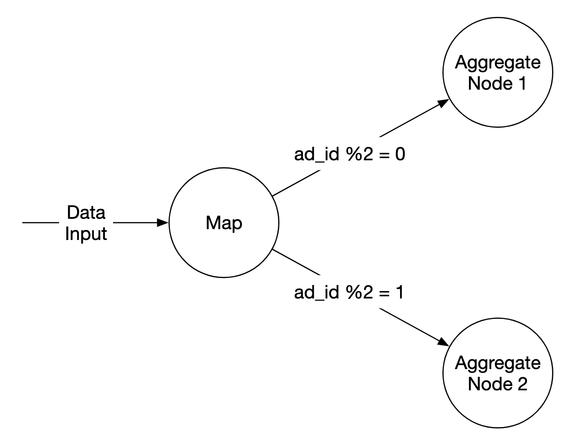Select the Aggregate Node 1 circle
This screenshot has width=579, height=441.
[x=498, y=104]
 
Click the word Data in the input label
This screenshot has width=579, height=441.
[x=86, y=213]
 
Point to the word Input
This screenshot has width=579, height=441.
[x=86, y=233]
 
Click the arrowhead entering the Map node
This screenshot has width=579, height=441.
[x=163, y=223]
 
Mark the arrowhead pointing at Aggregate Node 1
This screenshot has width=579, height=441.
[x=443, y=103]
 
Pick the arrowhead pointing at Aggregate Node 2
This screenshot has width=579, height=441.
[x=443, y=342]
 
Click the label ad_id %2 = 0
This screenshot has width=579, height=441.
[x=349, y=154]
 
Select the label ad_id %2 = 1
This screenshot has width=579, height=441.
[x=349, y=293]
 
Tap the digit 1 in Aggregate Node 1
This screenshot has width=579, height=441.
[x=522, y=83]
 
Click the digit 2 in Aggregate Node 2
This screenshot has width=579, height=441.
[x=522, y=384]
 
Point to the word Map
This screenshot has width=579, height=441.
[x=224, y=223]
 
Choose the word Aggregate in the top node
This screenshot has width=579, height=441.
[x=498, y=63]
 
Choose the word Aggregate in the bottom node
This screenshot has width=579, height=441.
[x=498, y=363]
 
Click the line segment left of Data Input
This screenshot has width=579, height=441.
[x=40, y=223]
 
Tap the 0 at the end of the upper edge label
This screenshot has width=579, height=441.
[x=400, y=154]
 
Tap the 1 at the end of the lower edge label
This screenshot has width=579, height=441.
[x=399, y=293]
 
